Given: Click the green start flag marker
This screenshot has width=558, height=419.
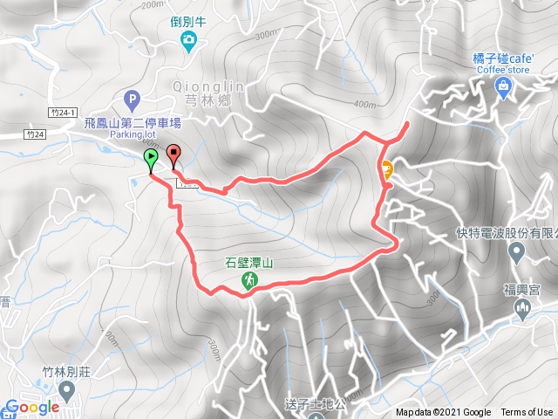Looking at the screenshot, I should click(x=151, y=158).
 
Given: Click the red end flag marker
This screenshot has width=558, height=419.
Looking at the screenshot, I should click(x=173, y=154).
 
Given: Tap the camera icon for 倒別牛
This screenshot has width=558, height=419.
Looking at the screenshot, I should click(x=188, y=39).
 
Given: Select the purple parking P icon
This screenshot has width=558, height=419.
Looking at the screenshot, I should click(x=133, y=100).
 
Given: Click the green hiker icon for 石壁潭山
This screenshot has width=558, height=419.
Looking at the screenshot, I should click(x=249, y=279).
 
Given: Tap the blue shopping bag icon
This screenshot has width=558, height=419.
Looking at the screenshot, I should click(x=503, y=85).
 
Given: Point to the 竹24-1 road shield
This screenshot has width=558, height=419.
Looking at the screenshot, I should click(x=64, y=112).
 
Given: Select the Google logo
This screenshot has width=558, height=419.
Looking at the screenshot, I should click(x=32, y=408).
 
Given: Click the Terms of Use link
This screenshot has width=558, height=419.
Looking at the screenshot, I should click(x=527, y=413).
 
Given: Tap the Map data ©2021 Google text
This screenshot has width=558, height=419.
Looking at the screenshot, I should click(x=443, y=413).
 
